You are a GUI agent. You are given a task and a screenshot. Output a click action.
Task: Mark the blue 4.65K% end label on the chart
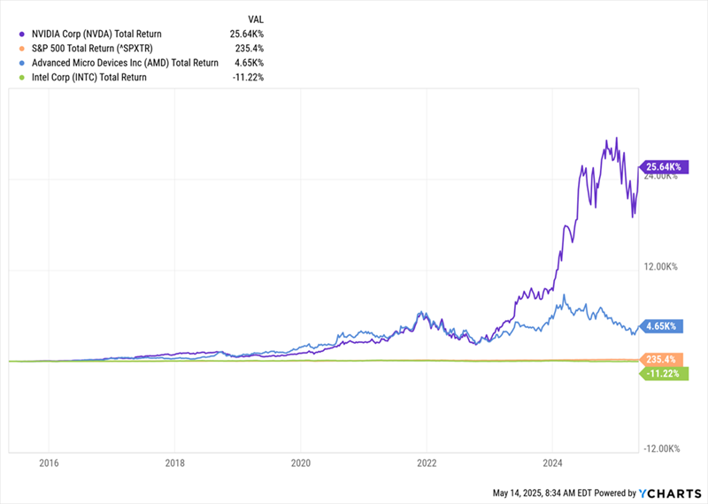(x=660, y=326)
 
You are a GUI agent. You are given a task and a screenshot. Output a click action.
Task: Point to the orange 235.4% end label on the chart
(x=659, y=360)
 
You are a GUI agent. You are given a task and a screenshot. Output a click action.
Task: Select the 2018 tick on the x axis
(x=175, y=462)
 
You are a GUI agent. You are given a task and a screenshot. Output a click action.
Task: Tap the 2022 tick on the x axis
(x=427, y=462)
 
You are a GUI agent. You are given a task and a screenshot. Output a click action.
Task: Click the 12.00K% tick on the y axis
(x=659, y=267)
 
